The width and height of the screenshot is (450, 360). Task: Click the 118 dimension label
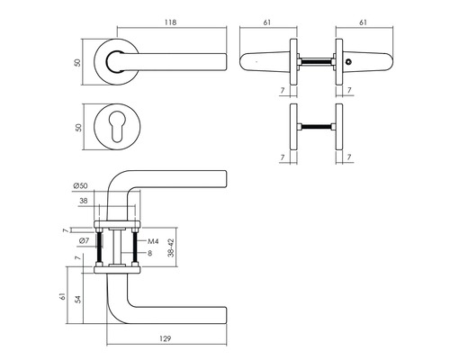pyautogui.click(x=171, y=22)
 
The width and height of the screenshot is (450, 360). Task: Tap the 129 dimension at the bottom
pyautogui.click(x=165, y=338)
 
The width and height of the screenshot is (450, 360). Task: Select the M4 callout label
pyautogui.click(x=153, y=241)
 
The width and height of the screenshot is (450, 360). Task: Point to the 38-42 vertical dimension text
pyautogui.click(x=171, y=247)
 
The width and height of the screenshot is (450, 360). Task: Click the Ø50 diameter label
pyautogui.click(x=80, y=185)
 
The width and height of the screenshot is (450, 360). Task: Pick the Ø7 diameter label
pyautogui.click(x=85, y=240)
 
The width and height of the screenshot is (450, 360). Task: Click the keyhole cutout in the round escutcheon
pyautogui.click(x=117, y=127)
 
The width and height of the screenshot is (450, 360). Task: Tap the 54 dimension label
pyautogui.click(x=78, y=299)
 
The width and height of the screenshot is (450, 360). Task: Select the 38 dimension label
pyautogui.click(x=84, y=201)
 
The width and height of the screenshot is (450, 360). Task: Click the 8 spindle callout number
pyautogui.click(x=150, y=253)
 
